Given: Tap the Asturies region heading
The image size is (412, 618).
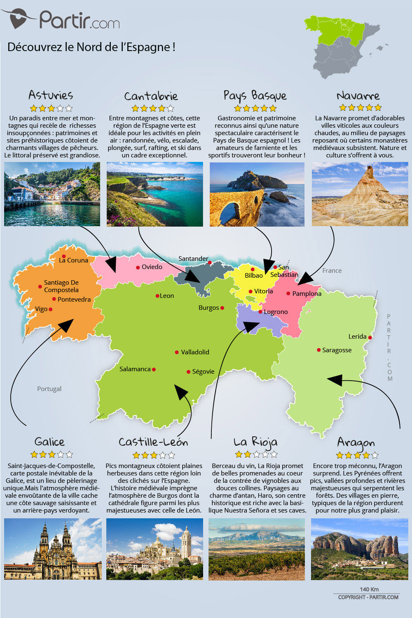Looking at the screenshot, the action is click(51, 95).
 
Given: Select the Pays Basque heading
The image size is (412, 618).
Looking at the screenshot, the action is click(255, 96).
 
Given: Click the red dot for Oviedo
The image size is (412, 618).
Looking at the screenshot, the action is click(138, 267).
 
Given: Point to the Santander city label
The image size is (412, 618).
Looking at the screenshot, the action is click(193, 259).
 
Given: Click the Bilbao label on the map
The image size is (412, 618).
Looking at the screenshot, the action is click(254, 276).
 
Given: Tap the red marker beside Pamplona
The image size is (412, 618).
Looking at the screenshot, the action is click(288, 293).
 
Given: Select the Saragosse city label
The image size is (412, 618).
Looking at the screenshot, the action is click(337, 350).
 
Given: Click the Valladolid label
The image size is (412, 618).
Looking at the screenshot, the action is click(195, 352).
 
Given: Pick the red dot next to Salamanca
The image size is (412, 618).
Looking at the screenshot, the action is click(154, 370).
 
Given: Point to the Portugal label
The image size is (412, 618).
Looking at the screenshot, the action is click(49, 389).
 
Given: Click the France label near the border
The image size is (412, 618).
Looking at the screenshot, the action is click(332, 271).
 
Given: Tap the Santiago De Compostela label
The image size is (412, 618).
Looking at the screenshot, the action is click(61, 286).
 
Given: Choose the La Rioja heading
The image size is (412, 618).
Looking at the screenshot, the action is click(255, 442).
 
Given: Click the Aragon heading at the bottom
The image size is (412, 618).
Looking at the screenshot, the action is click(356, 442).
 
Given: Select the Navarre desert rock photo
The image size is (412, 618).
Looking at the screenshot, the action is click(360, 194).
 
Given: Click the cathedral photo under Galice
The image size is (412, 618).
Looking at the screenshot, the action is click(53, 549).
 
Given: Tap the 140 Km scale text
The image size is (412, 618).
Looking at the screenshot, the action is click(369, 589).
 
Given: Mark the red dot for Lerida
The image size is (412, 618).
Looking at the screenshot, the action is click(370, 337).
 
